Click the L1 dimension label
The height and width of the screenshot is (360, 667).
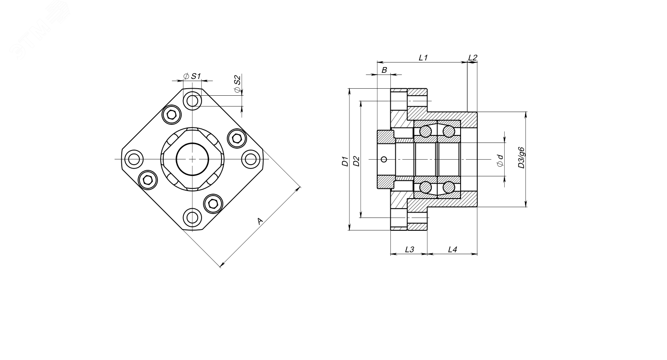tap(423, 58)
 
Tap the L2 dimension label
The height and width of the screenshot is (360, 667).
tap(472, 57)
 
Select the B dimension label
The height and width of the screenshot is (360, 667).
tap(384, 70)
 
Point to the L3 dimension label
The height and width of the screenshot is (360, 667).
tap(409, 250)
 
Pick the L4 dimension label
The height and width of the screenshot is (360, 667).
tap(452, 250)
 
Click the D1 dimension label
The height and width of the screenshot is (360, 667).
tap(345, 161)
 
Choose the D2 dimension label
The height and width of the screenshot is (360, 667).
tap(356, 161)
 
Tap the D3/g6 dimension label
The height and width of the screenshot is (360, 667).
tap(521, 158)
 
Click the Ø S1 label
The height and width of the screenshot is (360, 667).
tap(192, 76)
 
